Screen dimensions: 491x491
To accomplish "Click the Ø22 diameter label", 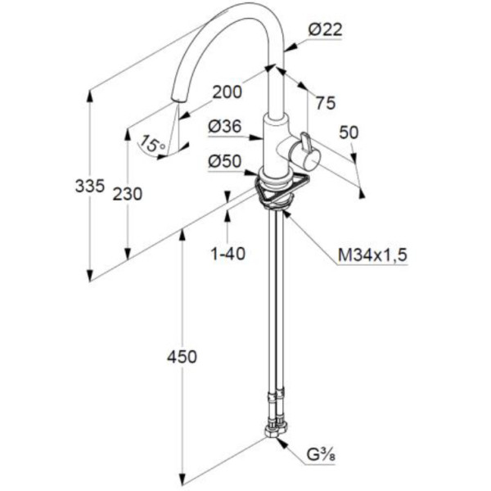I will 325,30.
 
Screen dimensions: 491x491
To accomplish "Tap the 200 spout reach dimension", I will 226,92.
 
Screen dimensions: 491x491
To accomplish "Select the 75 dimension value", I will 325,103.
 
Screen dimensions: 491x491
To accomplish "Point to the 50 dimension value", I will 349,133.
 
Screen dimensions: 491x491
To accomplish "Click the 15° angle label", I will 152,145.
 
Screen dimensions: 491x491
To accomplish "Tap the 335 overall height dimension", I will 89,186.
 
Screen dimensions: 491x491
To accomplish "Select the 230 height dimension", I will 128,194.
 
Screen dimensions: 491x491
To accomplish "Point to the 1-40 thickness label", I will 227,255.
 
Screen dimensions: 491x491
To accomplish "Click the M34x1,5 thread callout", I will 372,256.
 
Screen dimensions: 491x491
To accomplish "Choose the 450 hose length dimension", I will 182,356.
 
